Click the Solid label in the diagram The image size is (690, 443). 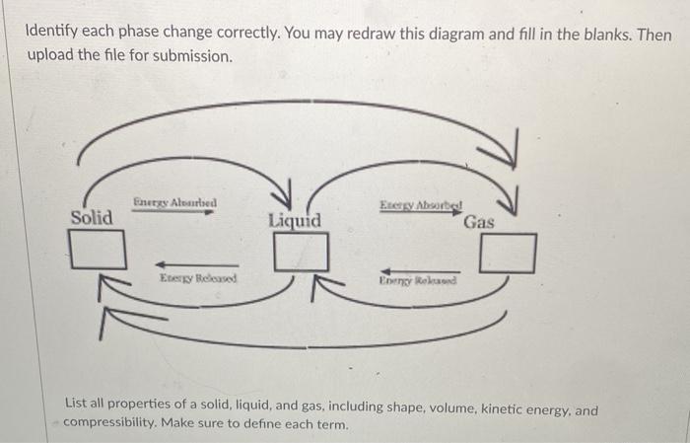(x=92, y=217)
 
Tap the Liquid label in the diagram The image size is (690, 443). (x=294, y=221)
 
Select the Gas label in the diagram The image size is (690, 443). (x=479, y=222)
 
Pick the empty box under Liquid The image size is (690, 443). (x=301, y=254)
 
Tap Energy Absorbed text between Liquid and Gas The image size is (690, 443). (x=421, y=206)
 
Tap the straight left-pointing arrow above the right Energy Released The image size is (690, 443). (x=418, y=267)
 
